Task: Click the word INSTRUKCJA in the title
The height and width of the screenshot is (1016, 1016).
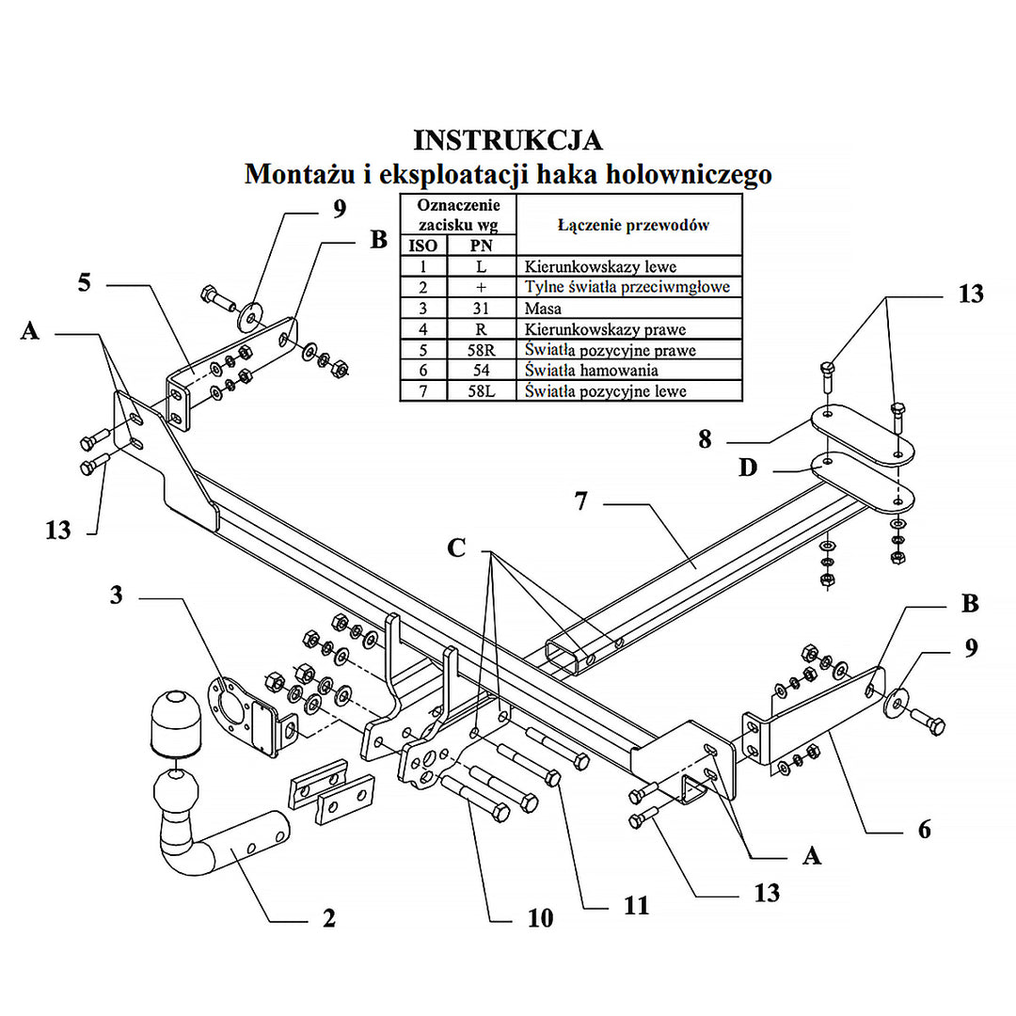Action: (508, 140)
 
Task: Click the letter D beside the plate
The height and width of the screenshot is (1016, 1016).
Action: (748, 468)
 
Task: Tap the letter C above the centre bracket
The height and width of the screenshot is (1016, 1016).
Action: (456, 548)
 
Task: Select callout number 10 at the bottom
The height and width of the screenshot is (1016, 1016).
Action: (540, 918)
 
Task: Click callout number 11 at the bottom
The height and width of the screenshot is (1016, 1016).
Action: (636, 905)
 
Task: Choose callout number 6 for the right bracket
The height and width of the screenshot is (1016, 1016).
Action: (925, 829)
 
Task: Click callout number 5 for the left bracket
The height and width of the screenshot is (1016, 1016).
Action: (85, 280)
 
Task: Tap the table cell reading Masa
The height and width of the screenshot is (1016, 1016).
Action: (543, 309)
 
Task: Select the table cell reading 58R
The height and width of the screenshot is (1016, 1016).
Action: (481, 350)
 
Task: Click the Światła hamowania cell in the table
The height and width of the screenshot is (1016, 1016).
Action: (591, 371)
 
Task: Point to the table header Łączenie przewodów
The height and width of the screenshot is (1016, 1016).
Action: (632, 225)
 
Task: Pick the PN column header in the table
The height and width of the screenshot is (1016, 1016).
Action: (481, 246)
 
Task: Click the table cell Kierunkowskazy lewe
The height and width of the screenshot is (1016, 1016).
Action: (600, 267)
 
